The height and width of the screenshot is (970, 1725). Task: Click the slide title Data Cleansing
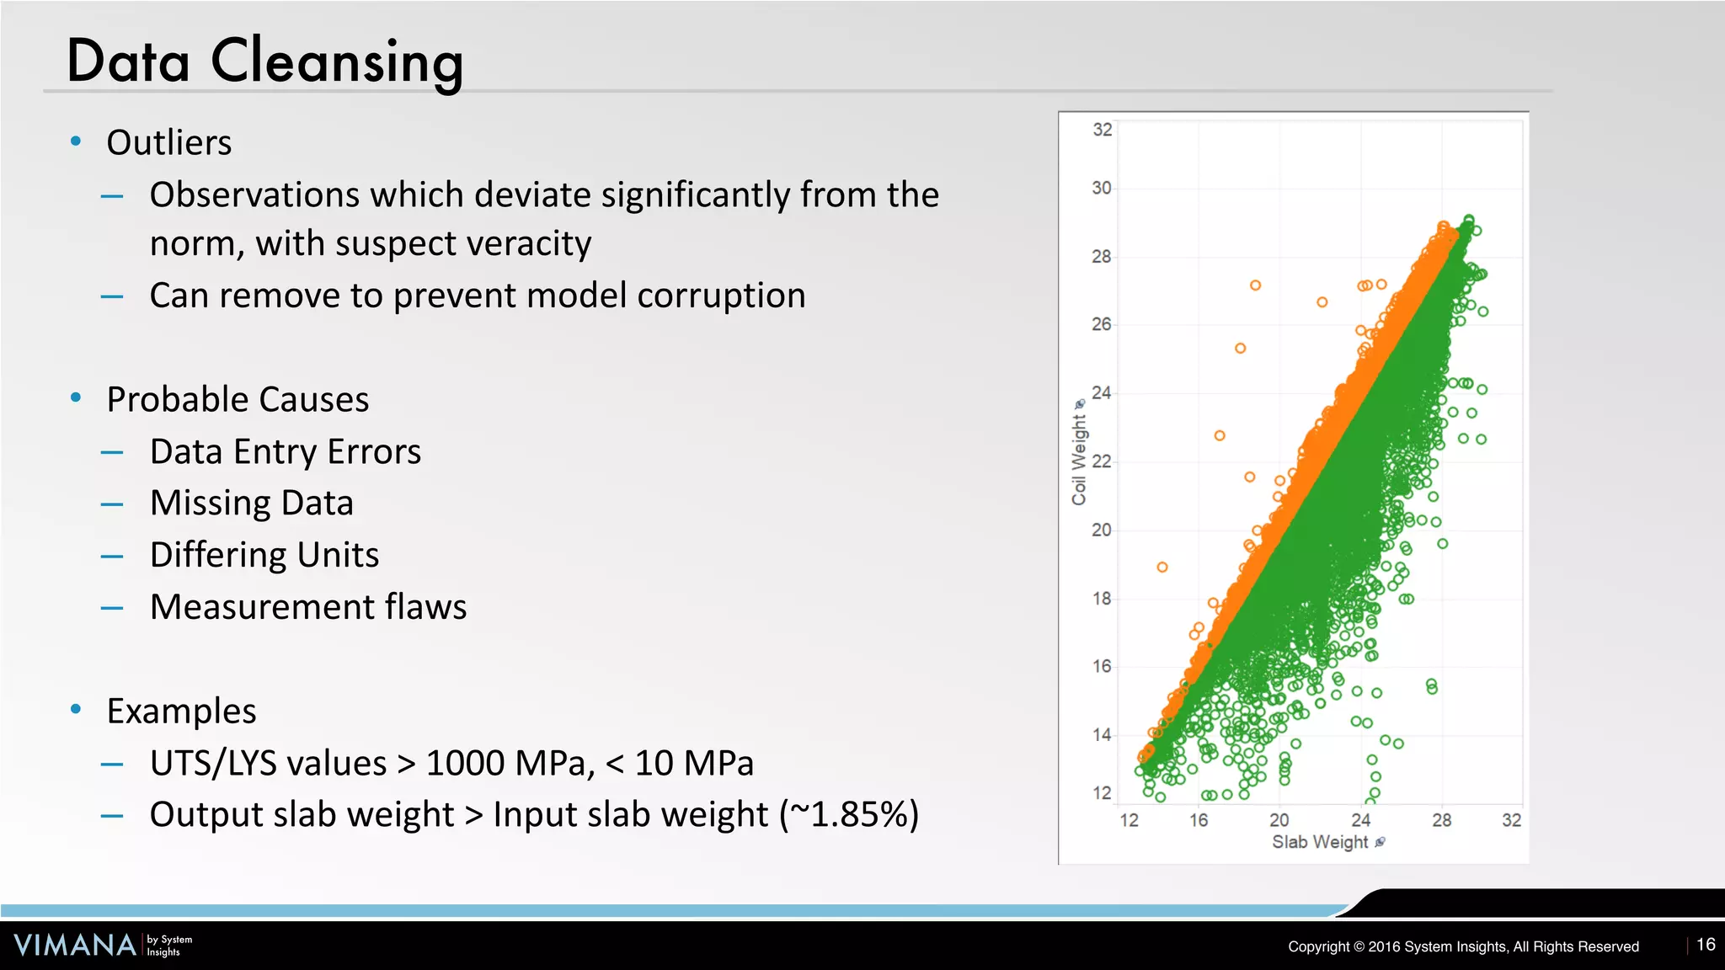click(264, 61)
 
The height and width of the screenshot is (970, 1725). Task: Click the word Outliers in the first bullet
click(168, 142)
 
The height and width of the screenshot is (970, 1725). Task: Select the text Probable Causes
click(238, 399)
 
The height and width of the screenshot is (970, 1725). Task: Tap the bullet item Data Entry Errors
click(285, 451)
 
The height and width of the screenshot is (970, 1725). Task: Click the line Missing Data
click(251, 503)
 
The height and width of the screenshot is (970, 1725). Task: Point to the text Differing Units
click(264, 555)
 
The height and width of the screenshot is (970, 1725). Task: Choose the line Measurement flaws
click(307, 607)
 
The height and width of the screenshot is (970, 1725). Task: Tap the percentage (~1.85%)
click(849, 815)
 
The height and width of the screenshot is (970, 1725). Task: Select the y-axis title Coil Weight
click(1079, 459)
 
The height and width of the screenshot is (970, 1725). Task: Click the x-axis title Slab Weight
click(1320, 842)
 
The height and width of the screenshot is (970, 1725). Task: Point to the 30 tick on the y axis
click(1102, 188)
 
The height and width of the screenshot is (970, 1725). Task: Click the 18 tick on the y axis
click(1102, 599)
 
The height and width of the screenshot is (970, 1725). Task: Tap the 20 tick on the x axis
click(1279, 820)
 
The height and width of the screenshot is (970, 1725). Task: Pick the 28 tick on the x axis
click(1441, 820)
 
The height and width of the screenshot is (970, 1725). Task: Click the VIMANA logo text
click(75, 945)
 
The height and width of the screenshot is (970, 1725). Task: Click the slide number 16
click(1706, 945)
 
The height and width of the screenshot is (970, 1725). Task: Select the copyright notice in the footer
click(1463, 946)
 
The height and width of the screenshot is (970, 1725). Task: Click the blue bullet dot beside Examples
click(76, 710)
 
